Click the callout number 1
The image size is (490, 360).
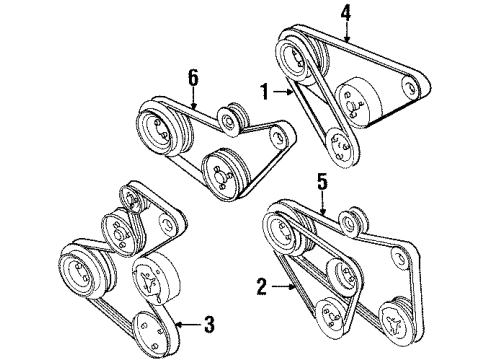pos(265,91)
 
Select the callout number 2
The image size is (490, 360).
pos(262,286)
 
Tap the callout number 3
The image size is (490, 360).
pos(209,324)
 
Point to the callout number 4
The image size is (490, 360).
pos(346,14)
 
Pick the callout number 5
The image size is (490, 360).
pos(322,182)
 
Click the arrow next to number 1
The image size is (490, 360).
pos(283,91)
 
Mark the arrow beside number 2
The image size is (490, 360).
pos(283,286)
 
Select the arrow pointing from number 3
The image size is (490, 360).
pos(187,324)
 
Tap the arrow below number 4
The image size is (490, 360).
pos(347,32)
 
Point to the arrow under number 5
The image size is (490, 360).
pos(322,203)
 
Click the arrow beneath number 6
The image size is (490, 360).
pos(193,97)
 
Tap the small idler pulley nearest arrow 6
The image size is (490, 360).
pos(230,120)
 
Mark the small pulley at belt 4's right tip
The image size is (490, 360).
pos(412,87)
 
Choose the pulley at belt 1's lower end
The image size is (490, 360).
pos(339,147)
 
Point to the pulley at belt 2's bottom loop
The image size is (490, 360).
pos(330,318)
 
